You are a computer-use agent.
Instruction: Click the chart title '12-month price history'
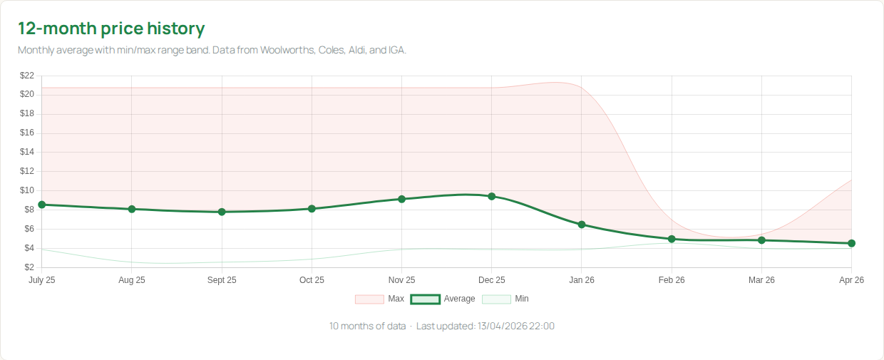coord(111,29)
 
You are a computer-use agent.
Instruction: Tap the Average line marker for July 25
coord(42,205)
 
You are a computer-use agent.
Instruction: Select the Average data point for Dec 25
coord(492,196)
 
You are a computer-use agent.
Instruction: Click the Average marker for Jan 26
coord(582,225)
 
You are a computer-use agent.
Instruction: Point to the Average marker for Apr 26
coord(851,243)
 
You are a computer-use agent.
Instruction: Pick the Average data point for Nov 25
coord(402,199)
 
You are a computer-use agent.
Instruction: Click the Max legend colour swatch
coord(369,299)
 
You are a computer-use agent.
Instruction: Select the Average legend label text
coord(459,299)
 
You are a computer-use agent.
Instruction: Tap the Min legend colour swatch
coord(496,299)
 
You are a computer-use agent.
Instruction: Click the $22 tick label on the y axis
coord(27,76)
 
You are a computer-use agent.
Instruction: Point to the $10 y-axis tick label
coord(27,190)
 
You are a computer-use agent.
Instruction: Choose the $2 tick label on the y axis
coord(29,267)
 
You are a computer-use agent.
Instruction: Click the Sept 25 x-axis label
coord(222,280)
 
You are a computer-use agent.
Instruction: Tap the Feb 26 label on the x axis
coord(672,280)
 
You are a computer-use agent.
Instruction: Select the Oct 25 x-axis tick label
coord(312,280)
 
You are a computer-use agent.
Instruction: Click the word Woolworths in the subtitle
coord(287,51)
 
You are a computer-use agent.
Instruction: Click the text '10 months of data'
coord(367,326)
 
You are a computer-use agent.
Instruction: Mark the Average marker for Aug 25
coord(132,209)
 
